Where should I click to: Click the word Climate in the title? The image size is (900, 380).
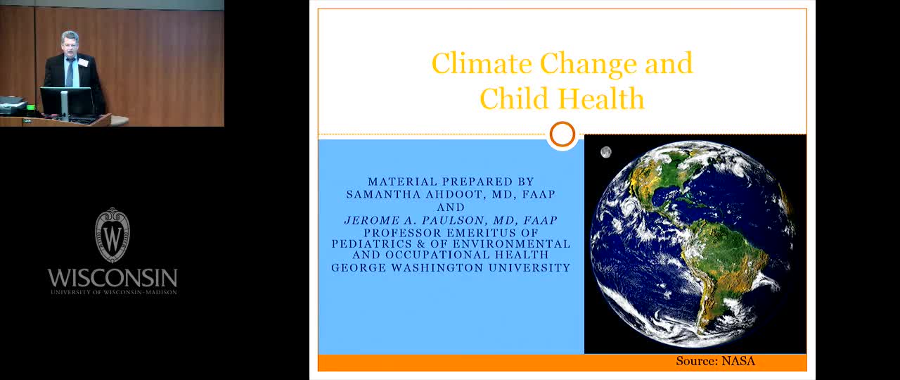pos(482,63)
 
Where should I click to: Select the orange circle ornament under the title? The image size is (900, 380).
pos(562,134)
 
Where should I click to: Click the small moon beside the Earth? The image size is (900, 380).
pos(606,152)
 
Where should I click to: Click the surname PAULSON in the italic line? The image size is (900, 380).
pos(457,220)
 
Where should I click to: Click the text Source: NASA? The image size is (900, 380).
pos(716,361)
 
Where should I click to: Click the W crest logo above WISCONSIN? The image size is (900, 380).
pos(112,235)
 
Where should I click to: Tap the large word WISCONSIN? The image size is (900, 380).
pos(112,277)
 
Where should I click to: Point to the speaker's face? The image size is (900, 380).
pos(70,43)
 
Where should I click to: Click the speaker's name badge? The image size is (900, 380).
pos(83,63)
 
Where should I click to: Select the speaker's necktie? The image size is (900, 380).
pos(70,72)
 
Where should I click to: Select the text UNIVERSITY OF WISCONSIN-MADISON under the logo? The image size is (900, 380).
pos(114,292)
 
